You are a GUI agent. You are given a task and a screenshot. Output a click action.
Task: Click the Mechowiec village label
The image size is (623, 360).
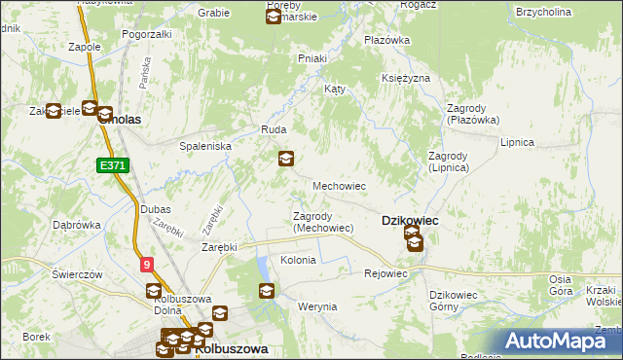338,185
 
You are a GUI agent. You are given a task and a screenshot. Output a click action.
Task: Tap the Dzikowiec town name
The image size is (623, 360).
409,221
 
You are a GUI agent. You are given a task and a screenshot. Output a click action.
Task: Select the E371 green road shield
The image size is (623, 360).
114,166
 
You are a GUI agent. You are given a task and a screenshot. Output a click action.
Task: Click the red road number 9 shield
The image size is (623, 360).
146,263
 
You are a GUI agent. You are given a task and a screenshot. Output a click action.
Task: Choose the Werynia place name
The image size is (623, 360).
317,306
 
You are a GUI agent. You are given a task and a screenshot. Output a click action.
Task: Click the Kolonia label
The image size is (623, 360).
298,261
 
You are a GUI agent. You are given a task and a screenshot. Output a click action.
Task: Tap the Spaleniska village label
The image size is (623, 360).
203,145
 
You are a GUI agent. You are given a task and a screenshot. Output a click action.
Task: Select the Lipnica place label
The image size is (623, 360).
517,142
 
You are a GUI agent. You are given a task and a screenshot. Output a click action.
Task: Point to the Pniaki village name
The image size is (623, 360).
311,58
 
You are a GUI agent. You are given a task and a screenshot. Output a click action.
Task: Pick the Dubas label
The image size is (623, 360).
155,209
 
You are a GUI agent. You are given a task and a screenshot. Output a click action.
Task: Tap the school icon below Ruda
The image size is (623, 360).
286,159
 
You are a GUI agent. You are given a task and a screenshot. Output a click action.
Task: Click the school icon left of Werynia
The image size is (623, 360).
267,290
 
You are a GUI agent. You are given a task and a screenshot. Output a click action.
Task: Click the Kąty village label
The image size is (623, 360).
335,89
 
